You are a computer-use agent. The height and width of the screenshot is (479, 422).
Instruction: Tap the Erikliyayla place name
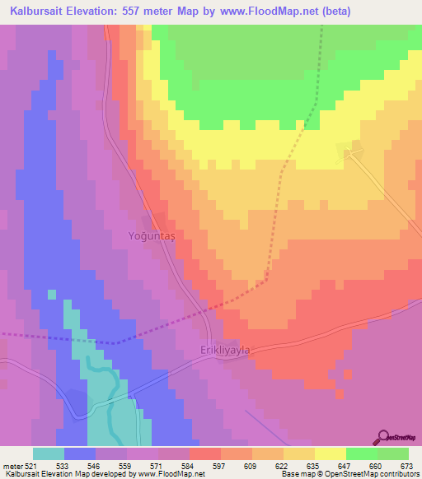(x=225, y=350)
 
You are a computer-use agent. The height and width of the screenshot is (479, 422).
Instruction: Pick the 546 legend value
(x=96, y=465)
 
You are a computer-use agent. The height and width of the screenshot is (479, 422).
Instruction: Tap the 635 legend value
(x=314, y=465)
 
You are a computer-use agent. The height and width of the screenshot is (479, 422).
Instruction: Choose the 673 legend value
(x=407, y=465)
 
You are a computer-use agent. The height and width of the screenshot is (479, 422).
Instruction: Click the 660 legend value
(x=376, y=465)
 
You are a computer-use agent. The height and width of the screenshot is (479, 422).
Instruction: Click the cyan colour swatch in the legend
(x=49, y=453)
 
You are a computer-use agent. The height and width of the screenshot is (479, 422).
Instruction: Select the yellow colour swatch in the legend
(x=330, y=453)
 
